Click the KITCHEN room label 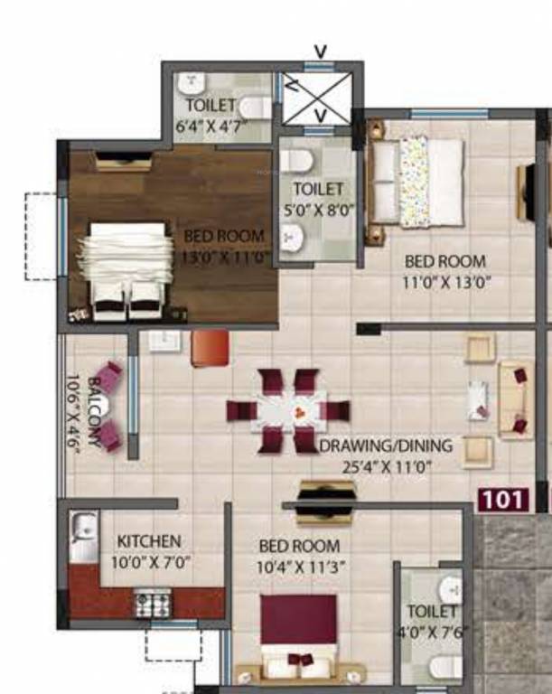pos(149,540)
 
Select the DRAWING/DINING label pos(386,446)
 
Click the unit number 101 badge pos(501,498)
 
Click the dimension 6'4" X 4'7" pos(211,125)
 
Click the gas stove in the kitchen pos(153,601)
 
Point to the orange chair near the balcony pos(209,348)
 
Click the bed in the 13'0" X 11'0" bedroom pos(126,269)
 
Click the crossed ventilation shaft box pos(318,97)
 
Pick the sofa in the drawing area pos(516,399)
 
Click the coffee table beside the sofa pos(478,400)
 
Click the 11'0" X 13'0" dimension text pos(446,281)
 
